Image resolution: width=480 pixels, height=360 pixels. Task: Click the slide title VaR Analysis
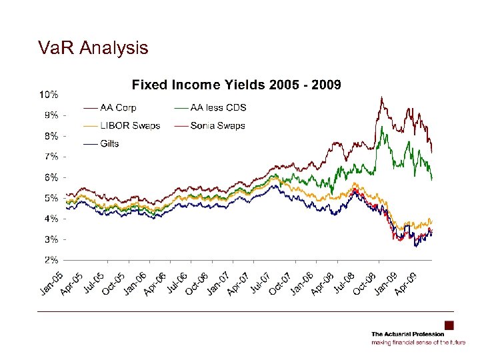[93, 48]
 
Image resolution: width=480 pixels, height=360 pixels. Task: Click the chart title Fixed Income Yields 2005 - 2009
[236, 85]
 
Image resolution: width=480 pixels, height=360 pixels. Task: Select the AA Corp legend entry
[119, 107]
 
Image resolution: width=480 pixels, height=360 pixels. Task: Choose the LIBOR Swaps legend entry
[130, 125]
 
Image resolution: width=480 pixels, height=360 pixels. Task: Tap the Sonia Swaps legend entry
[217, 125]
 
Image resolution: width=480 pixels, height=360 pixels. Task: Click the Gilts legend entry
[109, 143]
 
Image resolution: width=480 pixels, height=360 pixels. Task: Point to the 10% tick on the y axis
[48, 93]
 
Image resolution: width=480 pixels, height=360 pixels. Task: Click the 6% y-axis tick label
[50, 177]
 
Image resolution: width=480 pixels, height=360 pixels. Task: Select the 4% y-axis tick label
[50, 218]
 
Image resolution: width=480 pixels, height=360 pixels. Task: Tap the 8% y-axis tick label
[50, 135]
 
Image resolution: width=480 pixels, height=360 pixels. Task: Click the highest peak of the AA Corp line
[381, 98]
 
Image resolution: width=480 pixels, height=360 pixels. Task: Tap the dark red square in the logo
[449, 325]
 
